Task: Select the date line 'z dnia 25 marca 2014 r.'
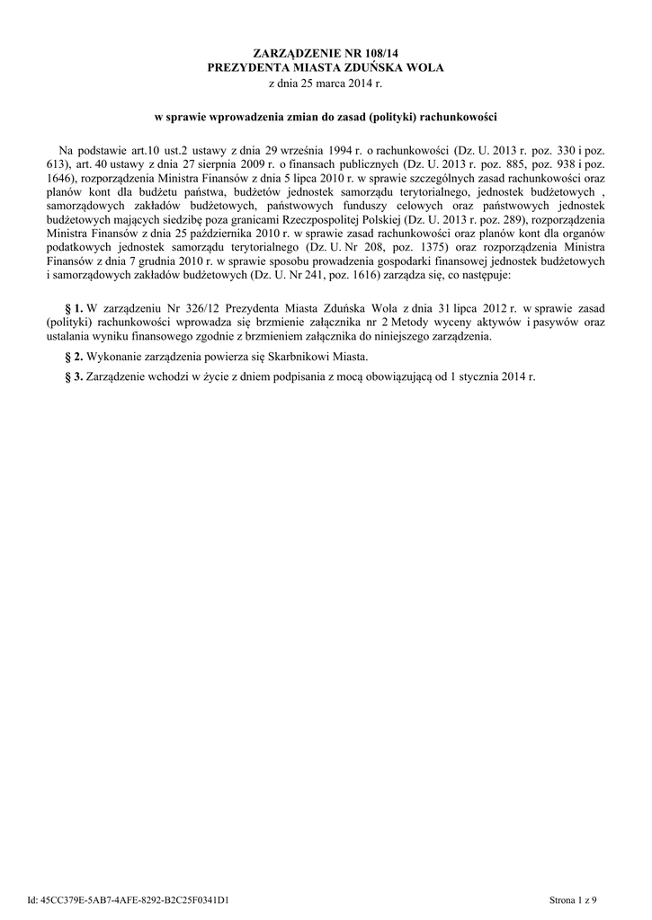[326, 84]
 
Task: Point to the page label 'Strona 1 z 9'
[573, 899]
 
